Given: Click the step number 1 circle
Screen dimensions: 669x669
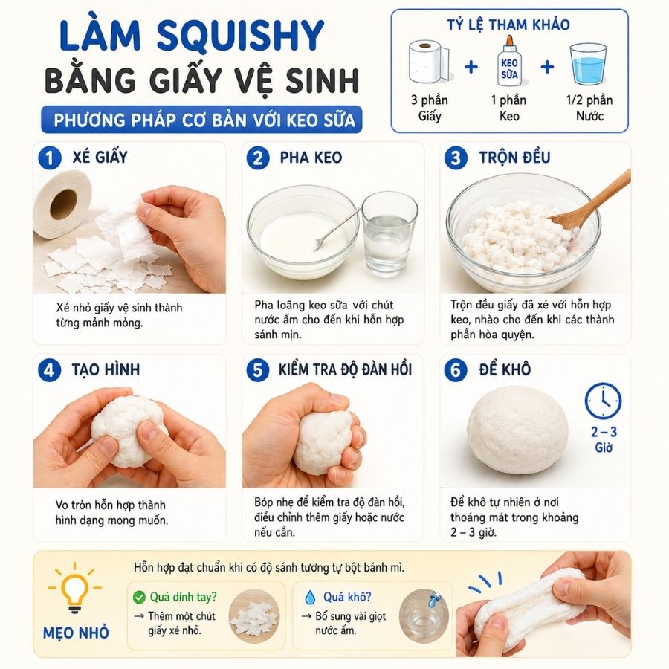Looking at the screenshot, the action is point(50,158).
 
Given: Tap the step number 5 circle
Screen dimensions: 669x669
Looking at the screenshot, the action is point(258,369).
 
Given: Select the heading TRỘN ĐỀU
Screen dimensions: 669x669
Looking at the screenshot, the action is point(514,158).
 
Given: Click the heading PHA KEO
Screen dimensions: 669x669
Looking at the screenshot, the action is point(311,158).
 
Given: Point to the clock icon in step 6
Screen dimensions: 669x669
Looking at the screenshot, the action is point(603,401).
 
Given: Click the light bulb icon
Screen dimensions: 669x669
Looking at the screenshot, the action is point(74,589).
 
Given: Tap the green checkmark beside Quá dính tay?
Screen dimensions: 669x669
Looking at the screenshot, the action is point(139,597).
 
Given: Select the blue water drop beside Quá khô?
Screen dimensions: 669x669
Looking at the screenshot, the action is point(310,597).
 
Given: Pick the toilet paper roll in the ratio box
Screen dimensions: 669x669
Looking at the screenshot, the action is point(429,62).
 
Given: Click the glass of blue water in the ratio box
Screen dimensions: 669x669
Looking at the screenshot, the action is point(588,64).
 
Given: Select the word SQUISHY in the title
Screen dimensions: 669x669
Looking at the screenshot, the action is point(241,36).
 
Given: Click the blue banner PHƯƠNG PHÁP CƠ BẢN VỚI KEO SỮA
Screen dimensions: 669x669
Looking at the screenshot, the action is point(201,120).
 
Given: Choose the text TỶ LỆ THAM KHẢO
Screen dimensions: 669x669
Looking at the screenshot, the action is point(508,25).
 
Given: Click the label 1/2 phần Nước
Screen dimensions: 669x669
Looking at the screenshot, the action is point(589,108).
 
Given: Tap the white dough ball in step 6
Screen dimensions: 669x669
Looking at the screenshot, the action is point(517,434).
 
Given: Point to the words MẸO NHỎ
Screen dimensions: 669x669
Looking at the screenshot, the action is point(76,633).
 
